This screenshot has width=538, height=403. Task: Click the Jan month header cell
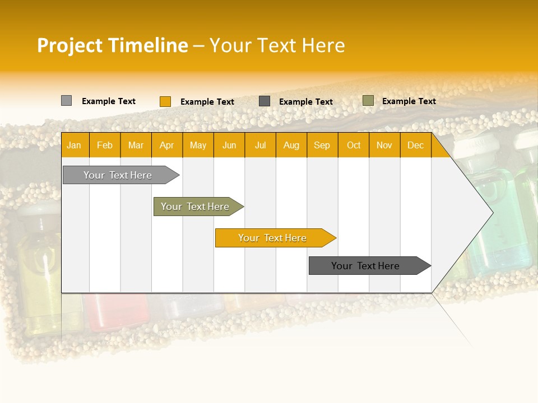(75, 145)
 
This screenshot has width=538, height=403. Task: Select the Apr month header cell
(167, 145)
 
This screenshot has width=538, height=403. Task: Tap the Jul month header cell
(261, 145)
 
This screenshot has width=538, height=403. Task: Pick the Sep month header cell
(322, 145)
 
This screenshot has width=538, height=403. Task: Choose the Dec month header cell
(415, 145)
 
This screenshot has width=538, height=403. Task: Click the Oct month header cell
(354, 145)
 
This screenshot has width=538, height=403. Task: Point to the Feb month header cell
(105, 145)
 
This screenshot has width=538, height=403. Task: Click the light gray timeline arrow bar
(118, 175)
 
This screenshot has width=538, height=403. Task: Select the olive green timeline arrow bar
(196, 207)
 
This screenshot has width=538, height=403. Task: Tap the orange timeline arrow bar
(273, 238)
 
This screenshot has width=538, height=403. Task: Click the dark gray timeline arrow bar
(366, 266)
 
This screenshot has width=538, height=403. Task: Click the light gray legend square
(66, 101)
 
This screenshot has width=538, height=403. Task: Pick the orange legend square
(165, 101)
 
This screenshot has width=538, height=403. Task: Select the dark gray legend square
(265, 101)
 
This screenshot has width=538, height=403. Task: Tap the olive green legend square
(368, 101)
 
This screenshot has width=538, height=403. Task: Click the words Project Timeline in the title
(113, 45)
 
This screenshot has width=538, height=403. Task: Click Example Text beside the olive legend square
(409, 101)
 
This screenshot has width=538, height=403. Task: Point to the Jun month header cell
(229, 145)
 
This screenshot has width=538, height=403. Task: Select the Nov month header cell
(384, 145)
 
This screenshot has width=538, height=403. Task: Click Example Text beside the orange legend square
(207, 102)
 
